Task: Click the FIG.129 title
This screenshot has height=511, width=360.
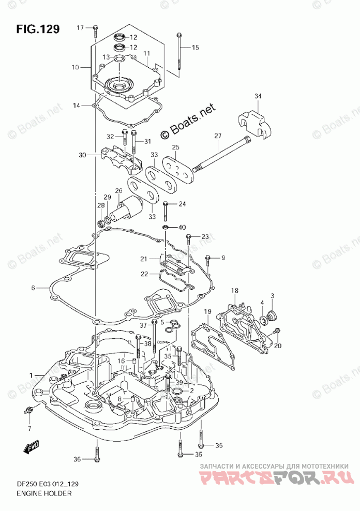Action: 37,29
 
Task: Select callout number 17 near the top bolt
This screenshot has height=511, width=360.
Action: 80,27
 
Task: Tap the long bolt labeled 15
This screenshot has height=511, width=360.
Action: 178,52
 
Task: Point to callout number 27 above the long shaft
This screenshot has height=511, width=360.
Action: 218,136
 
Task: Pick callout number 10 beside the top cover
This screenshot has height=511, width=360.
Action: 76,67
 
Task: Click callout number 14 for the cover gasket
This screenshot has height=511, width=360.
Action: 77,106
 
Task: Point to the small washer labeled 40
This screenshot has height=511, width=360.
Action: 165,227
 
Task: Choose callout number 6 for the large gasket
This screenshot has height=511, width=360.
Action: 33,288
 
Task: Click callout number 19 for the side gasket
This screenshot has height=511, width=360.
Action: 207,311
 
